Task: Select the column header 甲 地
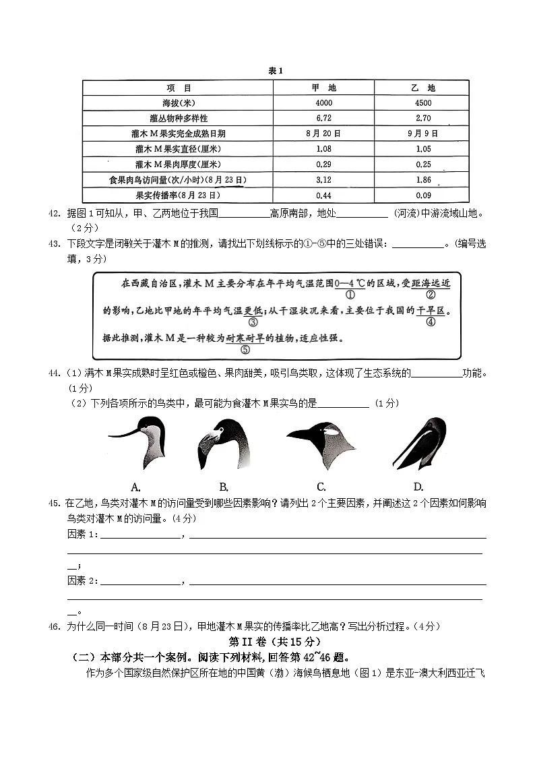click(x=323, y=88)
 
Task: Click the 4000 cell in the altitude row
click(x=323, y=103)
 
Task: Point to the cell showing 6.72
click(x=323, y=118)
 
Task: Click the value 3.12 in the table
click(x=323, y=180)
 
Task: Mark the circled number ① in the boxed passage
click(x=350, y=295)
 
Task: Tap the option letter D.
click(x=418, y=487)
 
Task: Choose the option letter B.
click(x=224, y=487)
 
